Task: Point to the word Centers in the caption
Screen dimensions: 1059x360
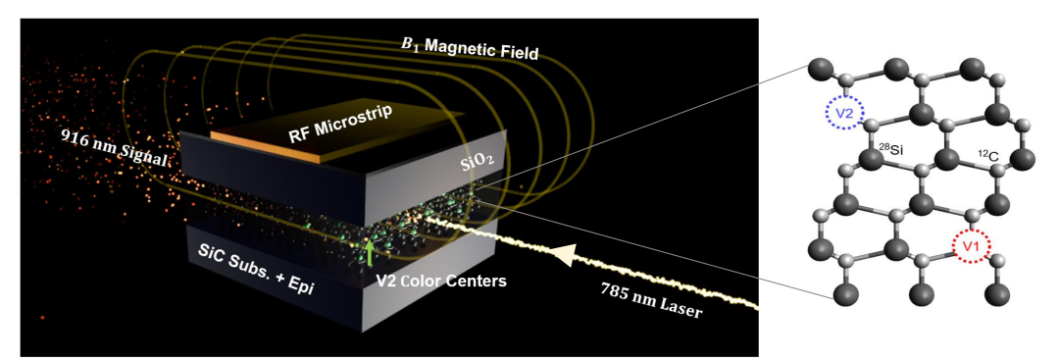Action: pos(479,281)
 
